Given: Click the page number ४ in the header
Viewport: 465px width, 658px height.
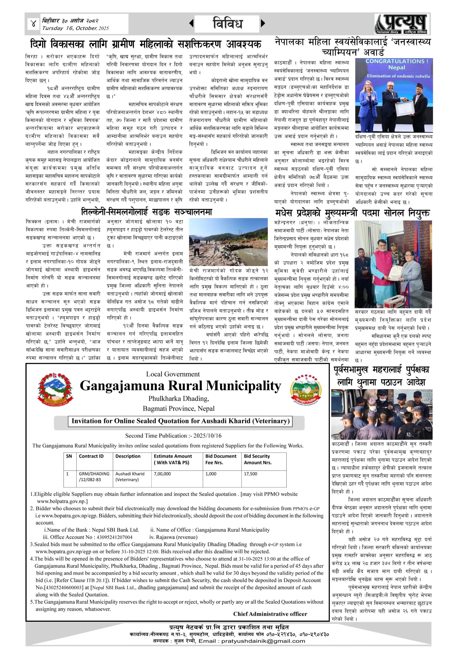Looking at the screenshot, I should coord(33,24).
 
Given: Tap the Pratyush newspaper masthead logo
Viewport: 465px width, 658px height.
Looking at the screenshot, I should coord(402,24).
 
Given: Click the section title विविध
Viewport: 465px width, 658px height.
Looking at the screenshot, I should coord(228,23).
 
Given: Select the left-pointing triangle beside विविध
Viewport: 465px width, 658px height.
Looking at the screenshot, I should coord(191,23).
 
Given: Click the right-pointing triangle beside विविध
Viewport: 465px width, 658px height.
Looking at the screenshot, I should coord(263,23).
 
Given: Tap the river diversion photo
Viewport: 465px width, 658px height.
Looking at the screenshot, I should coord(229,242).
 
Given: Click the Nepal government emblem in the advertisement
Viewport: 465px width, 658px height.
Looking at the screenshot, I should coord(55,389).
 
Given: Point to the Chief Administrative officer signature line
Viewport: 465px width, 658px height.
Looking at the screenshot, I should coord(270,614).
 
